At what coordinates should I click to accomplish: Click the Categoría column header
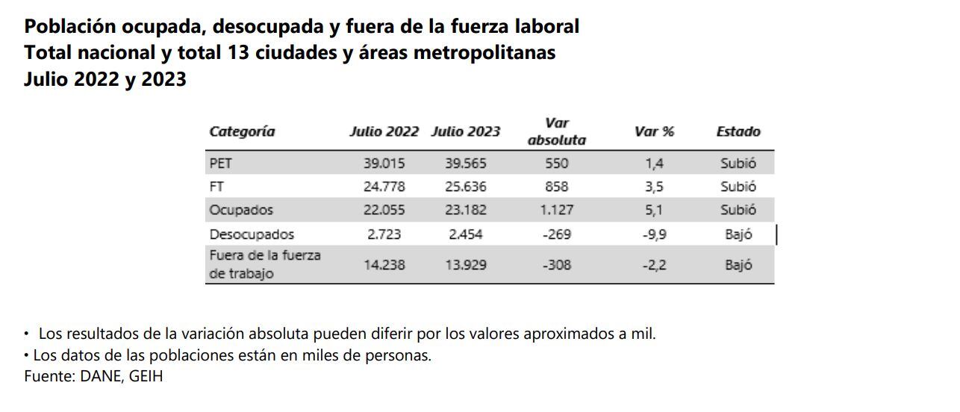click(242, 132)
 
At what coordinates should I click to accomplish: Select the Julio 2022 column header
click(384, 132)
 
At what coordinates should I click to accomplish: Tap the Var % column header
click(654, 132)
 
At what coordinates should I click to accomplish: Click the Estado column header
click(738, 132)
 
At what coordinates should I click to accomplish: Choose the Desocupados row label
click(252, 234)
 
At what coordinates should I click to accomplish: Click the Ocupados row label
click(241, 210)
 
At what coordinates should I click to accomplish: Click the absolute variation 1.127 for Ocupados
click(556, 210)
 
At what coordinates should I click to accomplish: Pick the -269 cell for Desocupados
click(556, 234)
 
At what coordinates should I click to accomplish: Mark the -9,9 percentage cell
click(654, 234)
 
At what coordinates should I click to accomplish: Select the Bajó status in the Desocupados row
click(738, 234)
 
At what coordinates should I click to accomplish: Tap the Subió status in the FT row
click(738, 187)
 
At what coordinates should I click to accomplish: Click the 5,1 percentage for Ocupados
click(654, 210)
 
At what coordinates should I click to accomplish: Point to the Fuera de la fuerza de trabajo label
click(264, 264)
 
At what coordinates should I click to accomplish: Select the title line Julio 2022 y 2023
click(105, 79)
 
